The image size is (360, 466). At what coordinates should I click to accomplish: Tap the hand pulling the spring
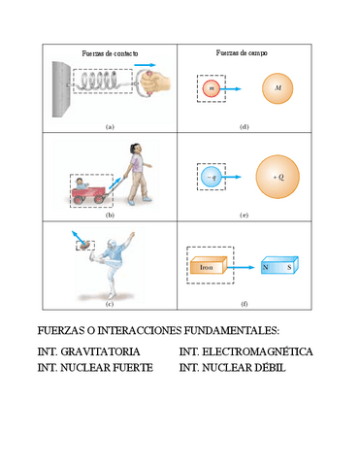[154, 84]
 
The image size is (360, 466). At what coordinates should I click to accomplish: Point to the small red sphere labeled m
[211, 89]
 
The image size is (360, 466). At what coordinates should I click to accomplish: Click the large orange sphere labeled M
[279, 90]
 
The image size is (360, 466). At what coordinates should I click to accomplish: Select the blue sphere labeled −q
[213, 178]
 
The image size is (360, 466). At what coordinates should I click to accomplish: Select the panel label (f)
[244, 304]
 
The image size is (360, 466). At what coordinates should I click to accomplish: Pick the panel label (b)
[110, 216]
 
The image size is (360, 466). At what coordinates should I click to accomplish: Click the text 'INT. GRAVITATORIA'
[88, 350]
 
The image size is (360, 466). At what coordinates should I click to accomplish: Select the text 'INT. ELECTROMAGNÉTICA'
[246, 350]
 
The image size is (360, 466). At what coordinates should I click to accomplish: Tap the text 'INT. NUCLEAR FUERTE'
[94, 368]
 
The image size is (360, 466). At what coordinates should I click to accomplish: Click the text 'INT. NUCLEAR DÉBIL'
[232, 368]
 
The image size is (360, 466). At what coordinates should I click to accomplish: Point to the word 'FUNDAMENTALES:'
[223, 330]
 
